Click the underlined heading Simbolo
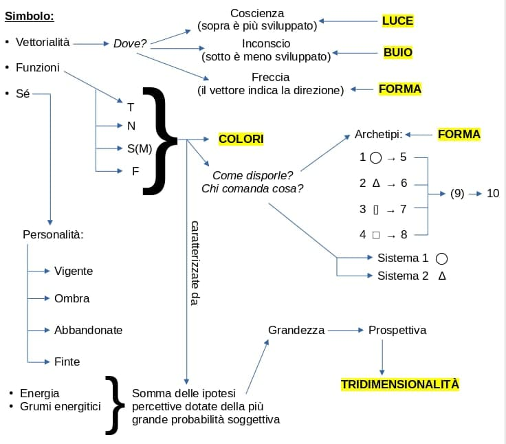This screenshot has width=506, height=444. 30,16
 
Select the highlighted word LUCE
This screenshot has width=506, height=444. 397,21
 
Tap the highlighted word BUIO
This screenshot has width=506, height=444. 398,52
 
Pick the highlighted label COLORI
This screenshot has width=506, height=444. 241,139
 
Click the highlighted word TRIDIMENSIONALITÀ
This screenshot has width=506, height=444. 400,384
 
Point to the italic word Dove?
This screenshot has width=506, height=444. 130,43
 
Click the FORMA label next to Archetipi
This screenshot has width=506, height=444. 459,134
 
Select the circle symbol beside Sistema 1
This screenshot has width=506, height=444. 441,258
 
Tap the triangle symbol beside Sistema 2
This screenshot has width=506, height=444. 442,276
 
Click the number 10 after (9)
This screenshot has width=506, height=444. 493,194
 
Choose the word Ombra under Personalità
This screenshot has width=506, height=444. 71,298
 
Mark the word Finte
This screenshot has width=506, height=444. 67,362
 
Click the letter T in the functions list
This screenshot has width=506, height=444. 131,107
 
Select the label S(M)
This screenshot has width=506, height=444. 140,148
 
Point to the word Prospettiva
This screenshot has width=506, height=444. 397,331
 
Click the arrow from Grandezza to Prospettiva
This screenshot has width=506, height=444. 346,331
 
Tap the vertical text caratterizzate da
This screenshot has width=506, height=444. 195,263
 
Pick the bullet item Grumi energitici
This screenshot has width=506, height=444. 60,407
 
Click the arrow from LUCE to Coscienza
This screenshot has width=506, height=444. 348,21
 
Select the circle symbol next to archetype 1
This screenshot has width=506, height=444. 375,158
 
